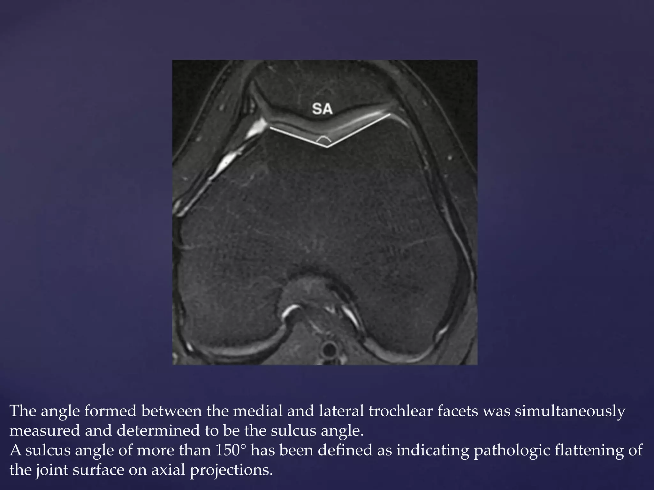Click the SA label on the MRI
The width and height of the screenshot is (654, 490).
tap(322, 109)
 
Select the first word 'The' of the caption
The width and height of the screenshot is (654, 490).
tap(23, 411)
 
